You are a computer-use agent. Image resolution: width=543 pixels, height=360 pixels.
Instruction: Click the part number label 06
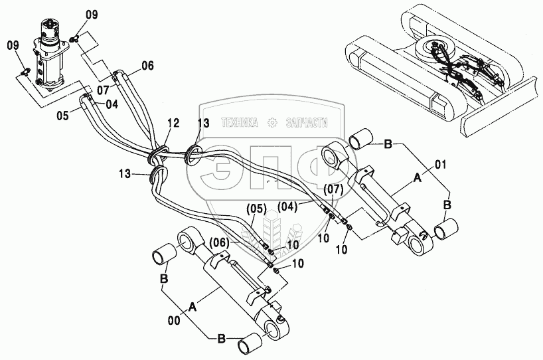[x=147, y=65]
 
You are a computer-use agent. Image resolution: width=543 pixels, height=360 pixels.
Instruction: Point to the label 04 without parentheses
[x=111, y=104]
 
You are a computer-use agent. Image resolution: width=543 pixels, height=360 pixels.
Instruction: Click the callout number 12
[x=173, y=123]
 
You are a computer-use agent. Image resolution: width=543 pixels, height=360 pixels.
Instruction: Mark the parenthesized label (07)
[x=335, y=190]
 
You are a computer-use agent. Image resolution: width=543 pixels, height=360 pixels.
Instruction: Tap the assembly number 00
[x=175, y=319]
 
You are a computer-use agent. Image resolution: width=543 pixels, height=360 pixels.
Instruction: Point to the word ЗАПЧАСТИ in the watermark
[x=307, y=122]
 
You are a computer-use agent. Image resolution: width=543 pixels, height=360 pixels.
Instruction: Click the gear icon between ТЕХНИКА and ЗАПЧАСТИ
[x=272, y=122]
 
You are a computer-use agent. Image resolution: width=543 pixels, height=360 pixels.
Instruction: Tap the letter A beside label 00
[x=193, y=306]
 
